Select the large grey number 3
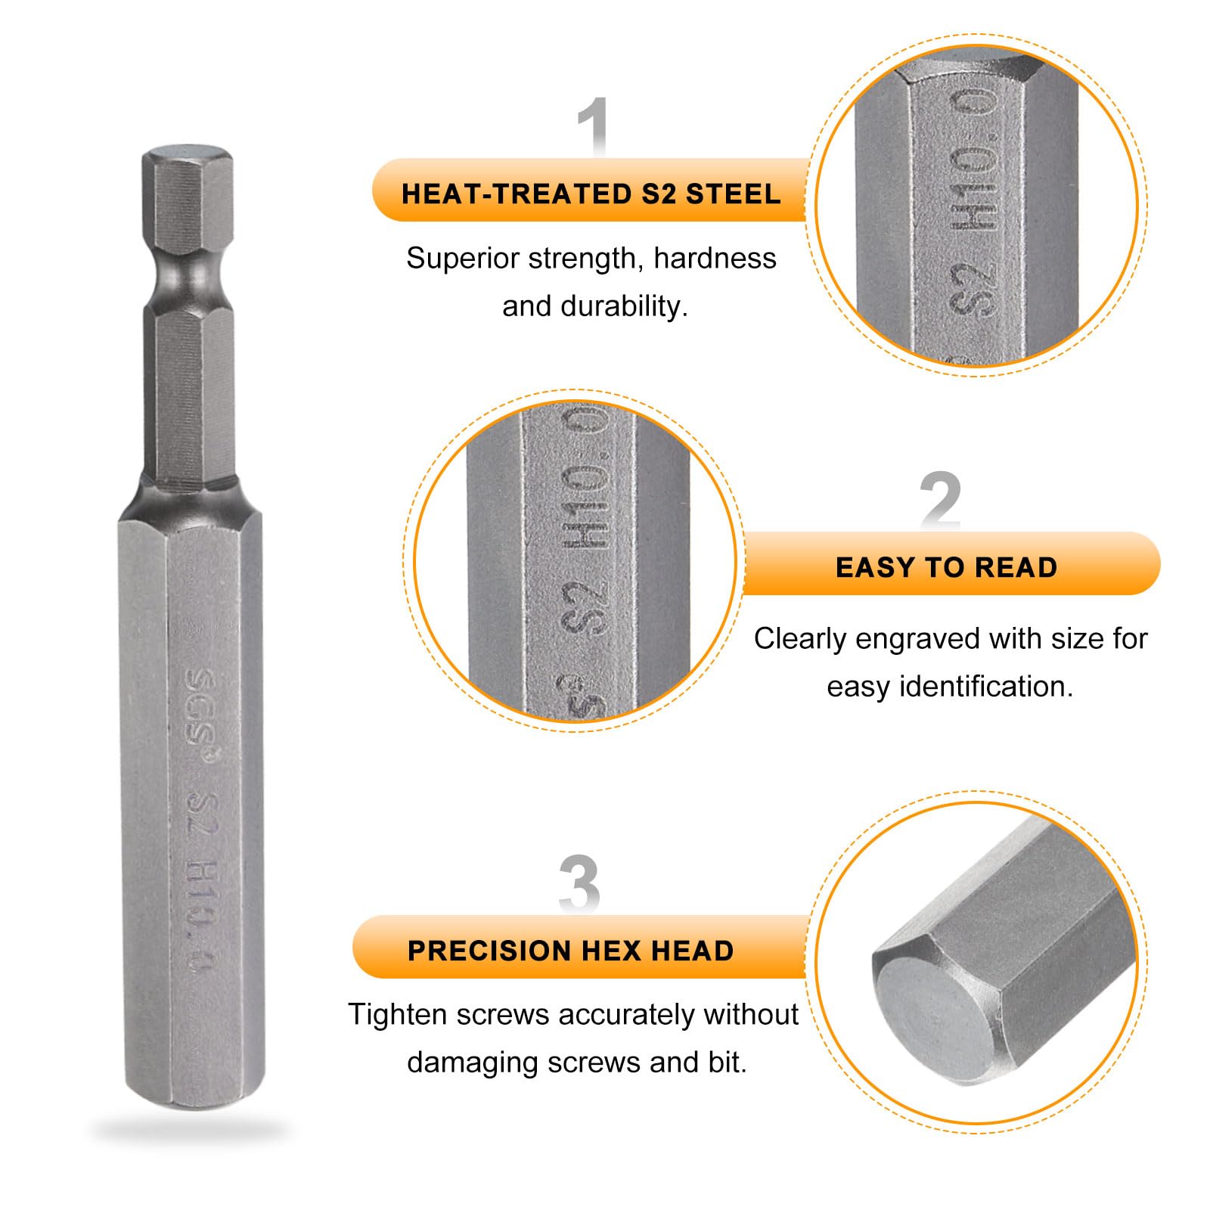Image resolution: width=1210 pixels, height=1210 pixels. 579,883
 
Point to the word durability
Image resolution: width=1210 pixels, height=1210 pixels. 625,306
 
